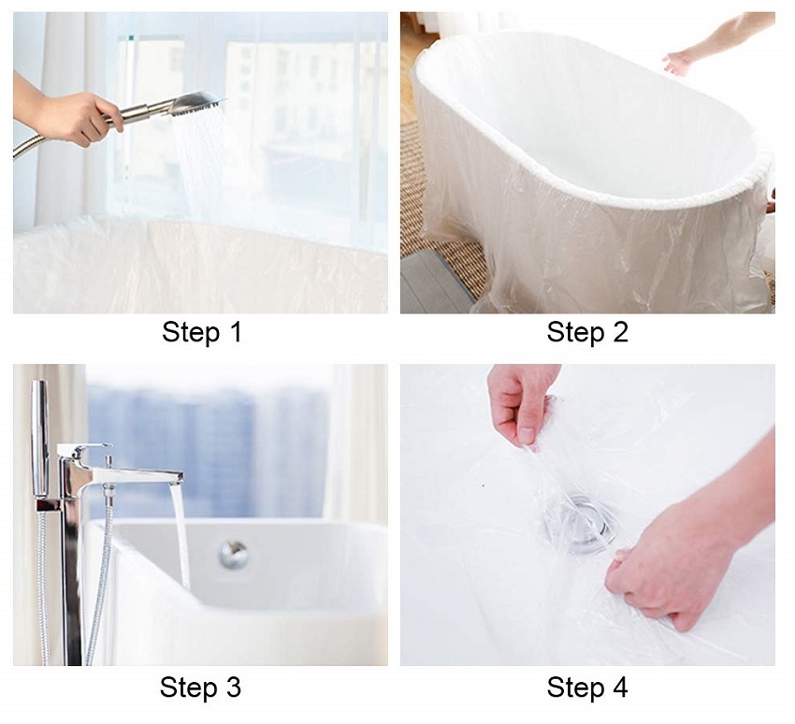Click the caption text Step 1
click(x=201, y=333)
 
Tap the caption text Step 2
click(x=587, y=333)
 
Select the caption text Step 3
click(x=200, y=688)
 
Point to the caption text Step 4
click(x=587, y=688)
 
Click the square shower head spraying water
click(x=196, y=105)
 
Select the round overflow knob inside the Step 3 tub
click(x=234, y=554)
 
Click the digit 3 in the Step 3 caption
click(x=232, y=688)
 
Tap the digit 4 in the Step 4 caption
click(x=619, y=688)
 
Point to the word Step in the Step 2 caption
click(x=575, y=334)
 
